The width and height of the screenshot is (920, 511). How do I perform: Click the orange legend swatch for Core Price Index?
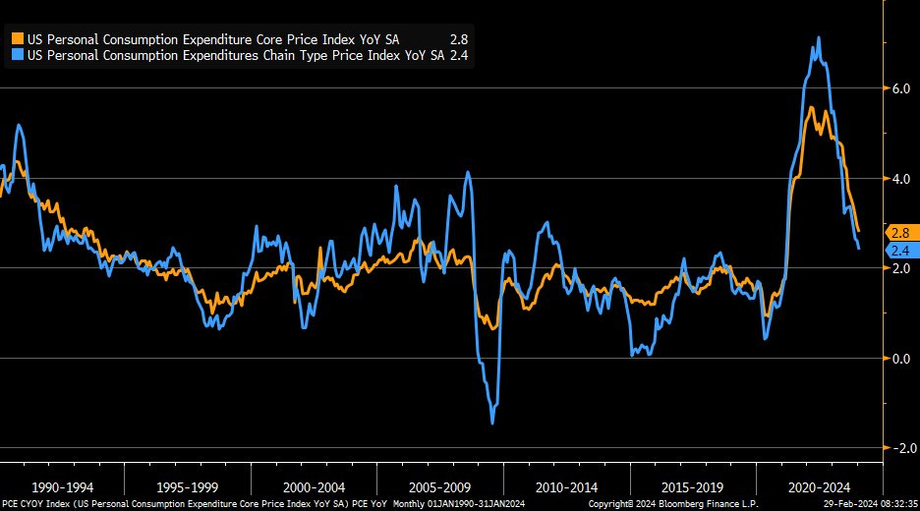pos(17,38)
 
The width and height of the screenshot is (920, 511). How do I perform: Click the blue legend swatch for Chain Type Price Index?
pos(17,56)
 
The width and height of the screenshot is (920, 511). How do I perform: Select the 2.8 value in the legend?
pos(459,38)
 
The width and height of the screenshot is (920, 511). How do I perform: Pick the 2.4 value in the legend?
pos(459,56)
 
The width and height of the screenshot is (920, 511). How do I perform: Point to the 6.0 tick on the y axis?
pos(900,88)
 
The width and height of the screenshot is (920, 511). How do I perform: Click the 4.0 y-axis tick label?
pos(900,179)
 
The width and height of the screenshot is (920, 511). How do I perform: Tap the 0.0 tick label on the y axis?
pos(900,358)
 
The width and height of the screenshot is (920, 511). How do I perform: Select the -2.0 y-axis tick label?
pos(898,448)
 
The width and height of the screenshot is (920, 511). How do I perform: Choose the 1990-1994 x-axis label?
pos(63,486)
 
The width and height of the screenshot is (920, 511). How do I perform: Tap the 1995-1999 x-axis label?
pos(189,486)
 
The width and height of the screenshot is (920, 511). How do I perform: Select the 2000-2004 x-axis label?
pos(315,486)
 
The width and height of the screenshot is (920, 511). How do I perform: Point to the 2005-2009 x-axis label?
pos(441,486)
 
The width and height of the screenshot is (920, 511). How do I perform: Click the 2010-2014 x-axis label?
pos(567,486)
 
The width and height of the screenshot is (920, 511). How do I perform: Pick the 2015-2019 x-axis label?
pos(693,486)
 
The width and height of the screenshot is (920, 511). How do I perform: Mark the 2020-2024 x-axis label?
pos(819,486)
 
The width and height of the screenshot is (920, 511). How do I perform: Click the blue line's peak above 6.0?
pos(820,38)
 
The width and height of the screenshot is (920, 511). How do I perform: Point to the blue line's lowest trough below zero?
pos(492,423)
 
